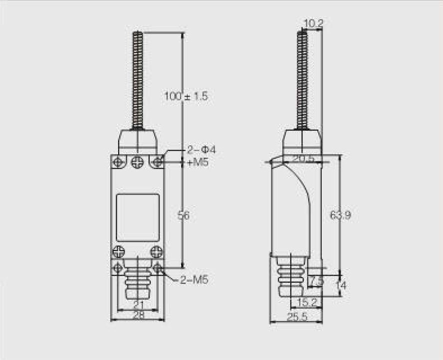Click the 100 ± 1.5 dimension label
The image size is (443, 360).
point(186,96)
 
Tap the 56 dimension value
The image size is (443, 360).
point(184,216)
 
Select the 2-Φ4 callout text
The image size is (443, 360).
point(202,150)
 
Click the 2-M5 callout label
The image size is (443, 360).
point(194,280)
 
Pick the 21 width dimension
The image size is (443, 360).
point(139,305)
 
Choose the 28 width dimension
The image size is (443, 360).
point(139,315)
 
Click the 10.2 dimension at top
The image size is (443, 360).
point(313,23)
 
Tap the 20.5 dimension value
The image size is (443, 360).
point(303,158)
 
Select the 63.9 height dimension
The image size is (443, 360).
point(340,215)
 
